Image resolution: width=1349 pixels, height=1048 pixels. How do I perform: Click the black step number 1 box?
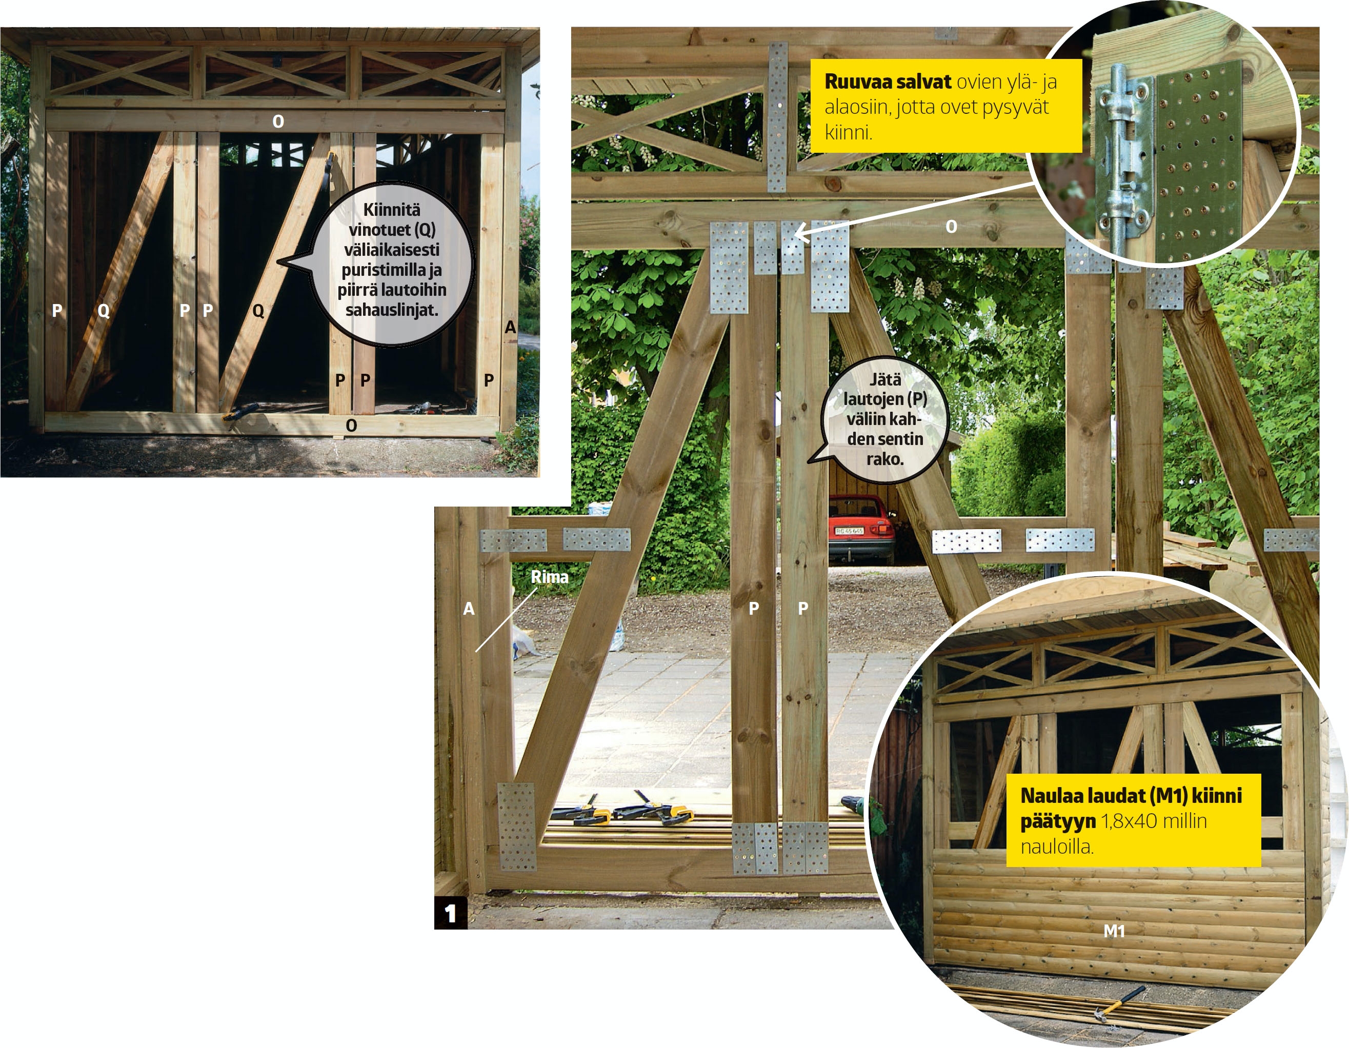451,913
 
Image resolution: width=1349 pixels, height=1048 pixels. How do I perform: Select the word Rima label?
549,577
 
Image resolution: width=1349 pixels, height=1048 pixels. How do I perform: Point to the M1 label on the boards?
1114,931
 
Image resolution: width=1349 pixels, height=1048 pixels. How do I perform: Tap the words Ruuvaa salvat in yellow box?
888,82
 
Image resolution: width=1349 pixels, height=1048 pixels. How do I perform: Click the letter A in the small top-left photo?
510,327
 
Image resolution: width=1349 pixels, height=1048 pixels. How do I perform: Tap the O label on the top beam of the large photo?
951,227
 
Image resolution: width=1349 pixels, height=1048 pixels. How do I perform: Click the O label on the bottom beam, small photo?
351,425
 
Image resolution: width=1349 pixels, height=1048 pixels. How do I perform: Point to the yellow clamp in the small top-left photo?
242,413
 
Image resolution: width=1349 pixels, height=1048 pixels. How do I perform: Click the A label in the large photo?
469,609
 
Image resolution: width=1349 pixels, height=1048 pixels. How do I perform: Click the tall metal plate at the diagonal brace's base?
516,827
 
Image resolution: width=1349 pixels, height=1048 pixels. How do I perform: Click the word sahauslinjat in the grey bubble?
392,310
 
